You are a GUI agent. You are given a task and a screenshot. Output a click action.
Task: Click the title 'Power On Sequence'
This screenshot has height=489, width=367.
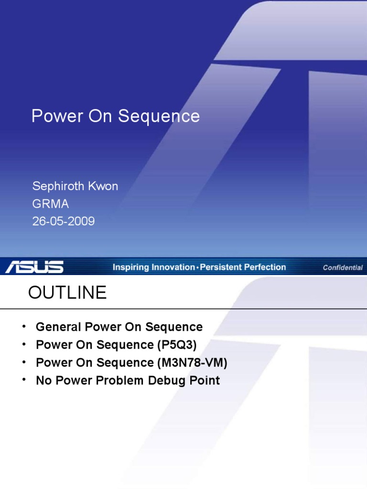click(115, 116)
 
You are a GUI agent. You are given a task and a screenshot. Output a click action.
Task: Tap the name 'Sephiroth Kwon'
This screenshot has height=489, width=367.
click(75, 186)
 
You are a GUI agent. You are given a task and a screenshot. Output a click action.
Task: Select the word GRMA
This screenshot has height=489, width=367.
click(50, 204)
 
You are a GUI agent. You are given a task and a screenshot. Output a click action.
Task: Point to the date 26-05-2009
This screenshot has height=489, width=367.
click(63, 222)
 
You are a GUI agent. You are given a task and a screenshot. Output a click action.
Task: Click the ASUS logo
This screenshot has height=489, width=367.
click(34, 267)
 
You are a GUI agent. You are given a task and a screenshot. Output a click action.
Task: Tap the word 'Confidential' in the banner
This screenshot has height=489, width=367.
click(342, 267)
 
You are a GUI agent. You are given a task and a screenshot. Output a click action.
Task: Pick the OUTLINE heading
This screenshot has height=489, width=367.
click(67, 293)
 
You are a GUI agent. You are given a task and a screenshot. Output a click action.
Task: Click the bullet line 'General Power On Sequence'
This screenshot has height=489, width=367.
click(119, 327)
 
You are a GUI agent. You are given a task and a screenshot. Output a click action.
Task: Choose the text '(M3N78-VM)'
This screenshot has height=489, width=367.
click(192, 362)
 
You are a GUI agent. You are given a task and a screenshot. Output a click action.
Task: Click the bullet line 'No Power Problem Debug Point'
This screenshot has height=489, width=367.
click(128, 381)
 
